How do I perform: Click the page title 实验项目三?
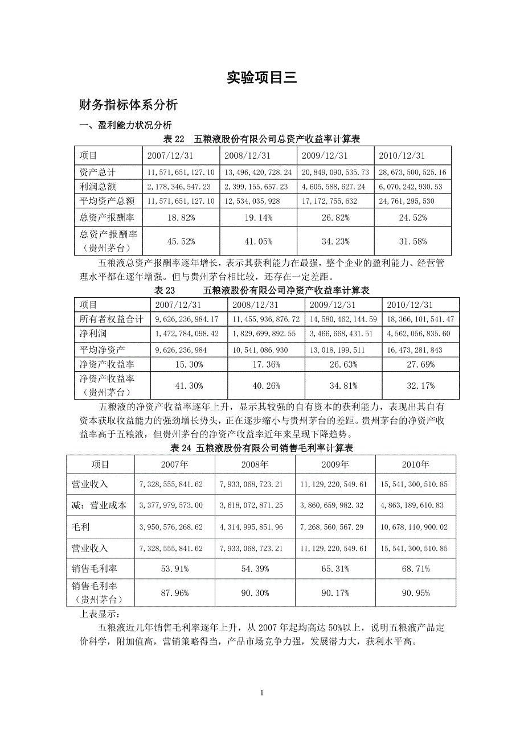[261, 77]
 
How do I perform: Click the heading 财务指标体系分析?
[129, 105]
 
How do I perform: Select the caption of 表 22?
[262, 139]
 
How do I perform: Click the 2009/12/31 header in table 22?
[335, 155]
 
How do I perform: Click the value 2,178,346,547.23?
[181, 186]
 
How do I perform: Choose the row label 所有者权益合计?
[112, 319]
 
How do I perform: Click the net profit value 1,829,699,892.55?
[267, 334]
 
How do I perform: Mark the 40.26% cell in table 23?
[267, 385]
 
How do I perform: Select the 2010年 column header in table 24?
[415, 464]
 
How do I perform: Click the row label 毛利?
[81, 526]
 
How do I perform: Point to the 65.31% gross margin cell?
[335, 569]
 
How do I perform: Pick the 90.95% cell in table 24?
[415, 592]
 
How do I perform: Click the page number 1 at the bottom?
[261, 693]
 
